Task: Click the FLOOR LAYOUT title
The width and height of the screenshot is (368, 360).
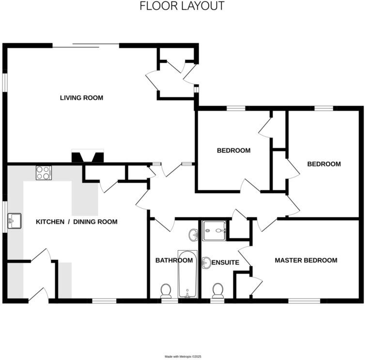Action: tap(182, 6)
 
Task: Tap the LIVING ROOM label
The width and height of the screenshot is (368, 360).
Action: tap(81, 98)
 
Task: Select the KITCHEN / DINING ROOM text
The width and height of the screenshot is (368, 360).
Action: tap(77, 222)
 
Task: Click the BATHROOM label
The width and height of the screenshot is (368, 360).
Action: tap(174, 260)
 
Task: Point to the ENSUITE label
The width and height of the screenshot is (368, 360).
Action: tap(226, 263)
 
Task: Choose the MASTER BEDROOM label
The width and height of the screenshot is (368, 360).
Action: tap(306, 260)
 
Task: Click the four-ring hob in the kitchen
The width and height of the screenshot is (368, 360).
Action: tap(43, 173)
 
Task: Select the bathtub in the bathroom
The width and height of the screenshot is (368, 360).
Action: tap(187, 274)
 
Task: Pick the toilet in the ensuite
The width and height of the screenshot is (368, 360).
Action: tap(218, 290)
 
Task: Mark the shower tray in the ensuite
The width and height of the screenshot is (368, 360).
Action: tap(214, 230)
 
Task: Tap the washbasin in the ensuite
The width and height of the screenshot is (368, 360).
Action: tap(205, 263)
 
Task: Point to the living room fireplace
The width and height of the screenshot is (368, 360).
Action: tap(87, 157)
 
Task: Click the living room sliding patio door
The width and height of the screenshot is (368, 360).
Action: tap(86, 45)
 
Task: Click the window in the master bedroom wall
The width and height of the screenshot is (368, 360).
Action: tap(304, 301)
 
